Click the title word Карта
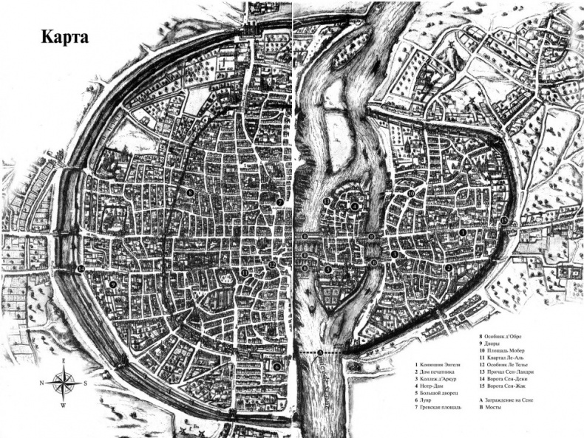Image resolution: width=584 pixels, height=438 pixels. coord(55,38)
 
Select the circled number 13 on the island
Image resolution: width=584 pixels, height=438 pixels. coord(326,202)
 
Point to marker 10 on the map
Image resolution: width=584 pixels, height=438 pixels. coord(411,194)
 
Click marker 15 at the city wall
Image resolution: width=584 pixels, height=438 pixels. coord(504,221)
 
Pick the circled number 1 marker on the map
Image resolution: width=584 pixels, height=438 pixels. coord(463,232)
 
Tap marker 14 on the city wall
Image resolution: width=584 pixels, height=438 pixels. coord(80,267)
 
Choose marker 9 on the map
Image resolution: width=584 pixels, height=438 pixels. coord(113,284)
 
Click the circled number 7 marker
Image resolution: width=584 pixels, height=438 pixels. coord(279,202)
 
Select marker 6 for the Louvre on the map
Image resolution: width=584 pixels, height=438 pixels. coord(276,366)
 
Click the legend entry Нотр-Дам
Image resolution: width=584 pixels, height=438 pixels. coord(437,386)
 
